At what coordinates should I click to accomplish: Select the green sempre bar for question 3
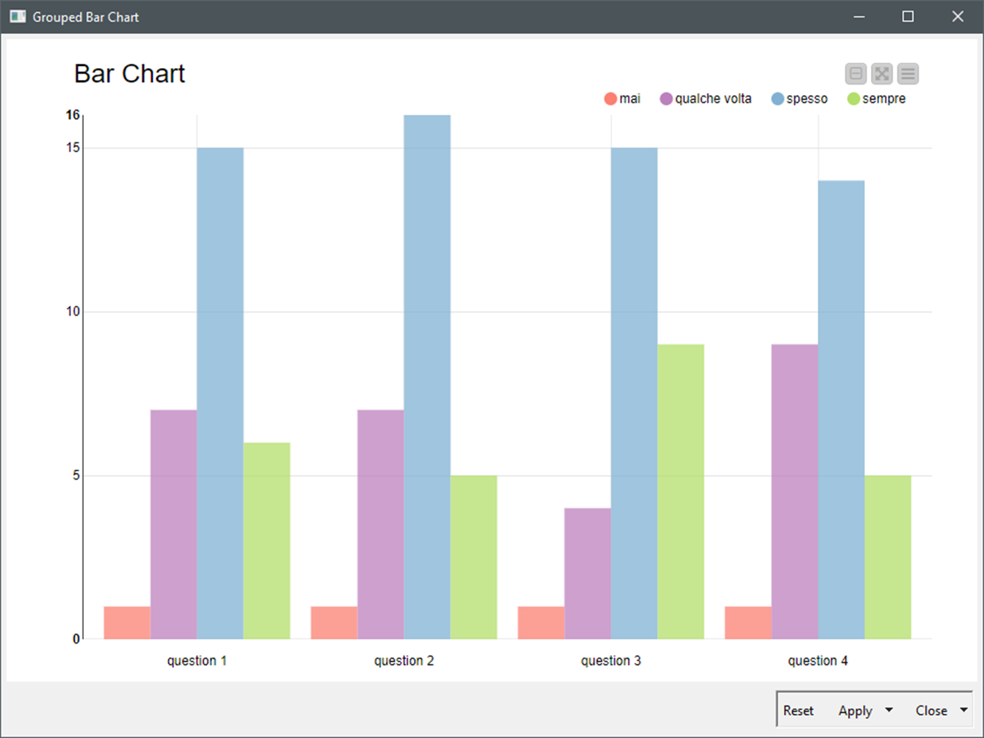pos(681,492)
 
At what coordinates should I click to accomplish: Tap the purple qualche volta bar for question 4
pos(795,492)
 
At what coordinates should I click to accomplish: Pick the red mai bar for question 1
pos(127,623)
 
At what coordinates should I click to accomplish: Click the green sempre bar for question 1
pos(266,541)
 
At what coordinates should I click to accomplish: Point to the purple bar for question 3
pos(588,573)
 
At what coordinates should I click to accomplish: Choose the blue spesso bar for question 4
pos(841,410)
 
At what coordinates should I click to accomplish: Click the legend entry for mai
pos(622,99)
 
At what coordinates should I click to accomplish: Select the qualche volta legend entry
pos(706,99)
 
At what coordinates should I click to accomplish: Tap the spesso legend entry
pos(799,99)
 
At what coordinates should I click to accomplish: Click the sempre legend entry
pos(876,99)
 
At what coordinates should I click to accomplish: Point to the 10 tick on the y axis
pos(73,312)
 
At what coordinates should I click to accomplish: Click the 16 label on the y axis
pos(73,115)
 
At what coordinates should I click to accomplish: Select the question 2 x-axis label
pos(404,661)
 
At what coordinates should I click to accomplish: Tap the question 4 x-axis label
pos(817,661)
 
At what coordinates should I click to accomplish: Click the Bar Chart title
pos(130,74)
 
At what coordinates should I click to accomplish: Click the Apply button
pos(855,710)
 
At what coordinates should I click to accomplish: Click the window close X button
pos(958,17)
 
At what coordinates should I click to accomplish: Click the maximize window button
pos(908,17)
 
